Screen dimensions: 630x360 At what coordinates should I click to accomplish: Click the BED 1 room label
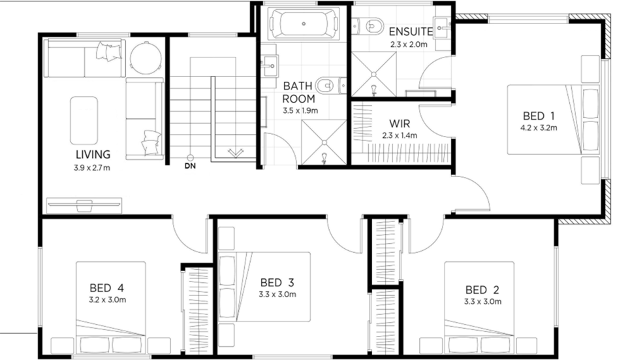[x=539, y=116]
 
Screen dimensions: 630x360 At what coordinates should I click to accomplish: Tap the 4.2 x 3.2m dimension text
[x=539, y=128]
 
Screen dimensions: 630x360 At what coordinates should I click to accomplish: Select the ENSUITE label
[x=411, y=31]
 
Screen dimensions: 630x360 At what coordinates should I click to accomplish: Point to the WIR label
[x=400, y=123]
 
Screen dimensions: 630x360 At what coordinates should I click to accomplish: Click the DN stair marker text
[x=190, y=166]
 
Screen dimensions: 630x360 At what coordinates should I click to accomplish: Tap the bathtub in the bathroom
[x=304, y=24]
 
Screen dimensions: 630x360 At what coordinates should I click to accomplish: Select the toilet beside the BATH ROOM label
[x=330, y=86]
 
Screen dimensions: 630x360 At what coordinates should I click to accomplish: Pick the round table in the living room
[x=146, y=58]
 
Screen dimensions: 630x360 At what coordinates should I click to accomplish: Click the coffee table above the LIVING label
[x=84, y=120]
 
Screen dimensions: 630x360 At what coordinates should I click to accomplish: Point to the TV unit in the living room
[x=84, y=205]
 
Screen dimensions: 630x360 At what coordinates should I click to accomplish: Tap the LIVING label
[x=93, y=154]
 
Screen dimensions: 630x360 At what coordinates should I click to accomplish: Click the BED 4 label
[x=106, y=288]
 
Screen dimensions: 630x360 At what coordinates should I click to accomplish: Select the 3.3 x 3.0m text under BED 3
[x=277, y=295]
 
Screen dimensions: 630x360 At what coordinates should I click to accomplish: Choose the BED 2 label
[x=482, y=289]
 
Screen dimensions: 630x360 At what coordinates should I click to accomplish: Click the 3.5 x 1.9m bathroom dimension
[x=300, y=110]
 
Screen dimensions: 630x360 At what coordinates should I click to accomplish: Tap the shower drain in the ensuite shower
[x=373, y=74]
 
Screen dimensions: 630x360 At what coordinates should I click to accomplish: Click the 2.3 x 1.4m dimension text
[x=400, y=135]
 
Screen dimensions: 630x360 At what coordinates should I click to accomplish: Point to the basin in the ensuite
[x=442, y=27]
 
